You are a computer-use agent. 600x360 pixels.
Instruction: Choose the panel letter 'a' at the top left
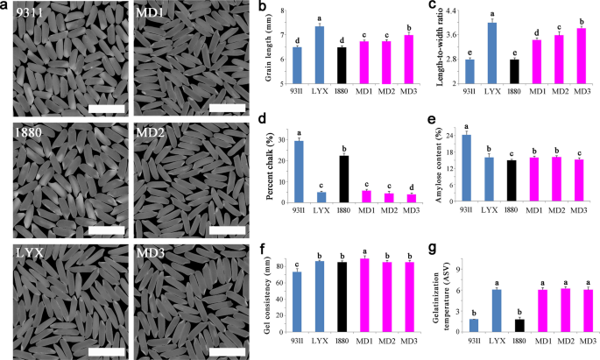pos(6,7)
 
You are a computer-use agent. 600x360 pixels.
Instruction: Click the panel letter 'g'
pos(430,248)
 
